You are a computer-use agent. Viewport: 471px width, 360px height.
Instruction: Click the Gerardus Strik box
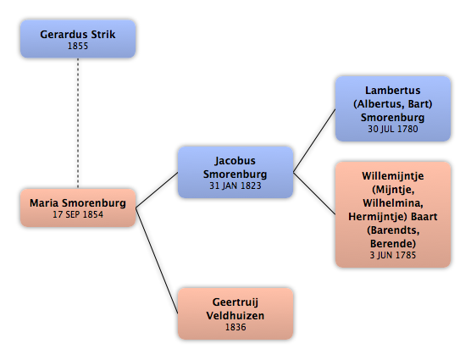tap(78, 39)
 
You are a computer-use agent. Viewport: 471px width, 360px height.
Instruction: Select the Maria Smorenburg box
tap(78, 208)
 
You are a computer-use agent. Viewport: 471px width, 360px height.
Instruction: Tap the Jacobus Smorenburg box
tap(235, 172)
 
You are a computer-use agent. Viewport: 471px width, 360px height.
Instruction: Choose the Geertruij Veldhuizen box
tap(235, 313)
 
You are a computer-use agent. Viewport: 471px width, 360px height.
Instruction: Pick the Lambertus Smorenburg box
tap(393, 108)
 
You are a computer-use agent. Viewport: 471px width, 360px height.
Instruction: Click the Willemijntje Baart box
tap(393, 214)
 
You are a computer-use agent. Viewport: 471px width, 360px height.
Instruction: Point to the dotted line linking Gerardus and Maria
tap(78, 123)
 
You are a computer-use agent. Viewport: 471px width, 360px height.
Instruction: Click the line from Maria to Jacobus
tap(157, 190)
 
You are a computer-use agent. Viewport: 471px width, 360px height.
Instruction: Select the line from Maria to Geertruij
tap(157, 261)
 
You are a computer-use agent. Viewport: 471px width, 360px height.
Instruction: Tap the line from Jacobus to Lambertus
tap(314, 141)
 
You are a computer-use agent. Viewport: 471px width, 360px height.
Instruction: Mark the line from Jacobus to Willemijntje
tap(314, 193)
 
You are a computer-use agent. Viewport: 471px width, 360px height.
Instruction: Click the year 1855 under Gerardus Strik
tap(78, 46)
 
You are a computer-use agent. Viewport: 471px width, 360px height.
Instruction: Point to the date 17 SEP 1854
tap(78, 214)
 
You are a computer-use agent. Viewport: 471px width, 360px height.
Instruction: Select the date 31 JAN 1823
tap(235, 186)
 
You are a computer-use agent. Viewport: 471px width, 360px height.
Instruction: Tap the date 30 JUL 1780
tap(393, 129)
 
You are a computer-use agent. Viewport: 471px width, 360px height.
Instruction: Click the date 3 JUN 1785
tap(393, 255)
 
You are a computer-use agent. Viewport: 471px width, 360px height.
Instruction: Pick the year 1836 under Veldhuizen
tap(235, 327)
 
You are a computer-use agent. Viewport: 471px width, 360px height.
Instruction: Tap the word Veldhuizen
tap(235, 316)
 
